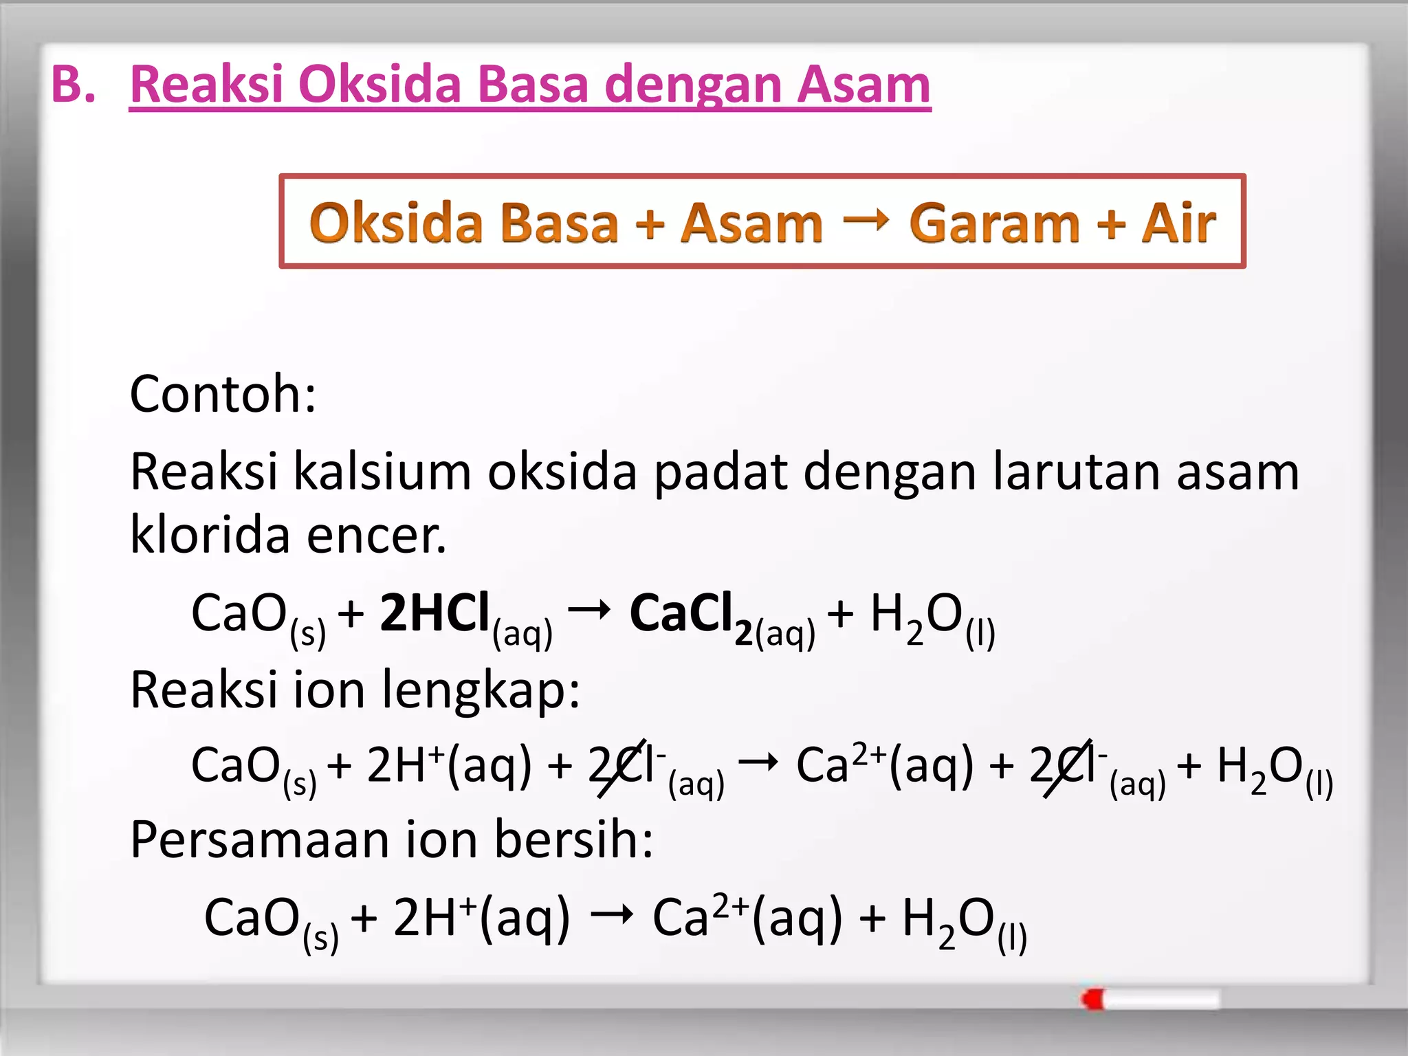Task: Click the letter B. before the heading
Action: click(73, 85)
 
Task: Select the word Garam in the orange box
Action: click(993, 223)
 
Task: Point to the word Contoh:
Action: click(223, 395)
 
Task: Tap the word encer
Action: click(376, 536)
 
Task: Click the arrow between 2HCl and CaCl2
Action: click(589, 609)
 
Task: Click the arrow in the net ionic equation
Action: click(611, 914)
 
